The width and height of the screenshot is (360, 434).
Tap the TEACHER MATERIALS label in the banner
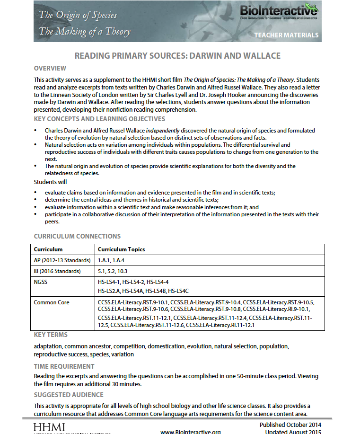pos(286,35)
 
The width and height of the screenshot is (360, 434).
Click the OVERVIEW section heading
pos(50,68)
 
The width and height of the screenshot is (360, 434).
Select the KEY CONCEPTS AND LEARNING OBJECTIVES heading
pos(99,119)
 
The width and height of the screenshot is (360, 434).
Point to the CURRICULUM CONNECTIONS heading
pos(77,236)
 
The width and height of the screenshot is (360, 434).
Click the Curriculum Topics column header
pos(121,249)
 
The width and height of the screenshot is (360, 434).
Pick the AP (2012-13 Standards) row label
pos(62,260)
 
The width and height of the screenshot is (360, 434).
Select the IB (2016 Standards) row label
pos(57,272)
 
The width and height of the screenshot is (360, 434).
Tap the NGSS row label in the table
pos(41,282)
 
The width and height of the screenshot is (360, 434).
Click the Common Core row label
pos(51,302)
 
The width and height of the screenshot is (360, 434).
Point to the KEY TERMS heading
pos(51,335)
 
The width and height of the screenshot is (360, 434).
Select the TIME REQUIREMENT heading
pos(64,366)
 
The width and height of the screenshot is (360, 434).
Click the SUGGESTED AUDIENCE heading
pos(69,395)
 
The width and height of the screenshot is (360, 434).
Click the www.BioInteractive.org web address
pos(191,432)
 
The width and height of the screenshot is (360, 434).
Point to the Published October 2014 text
pos(290,425)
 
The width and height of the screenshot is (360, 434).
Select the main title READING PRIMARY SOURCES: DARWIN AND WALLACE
pos(177,56)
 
